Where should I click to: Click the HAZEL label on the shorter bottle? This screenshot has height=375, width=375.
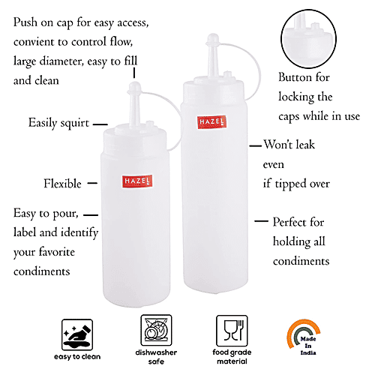pos(137,181)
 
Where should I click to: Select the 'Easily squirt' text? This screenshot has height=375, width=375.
pos(59,122)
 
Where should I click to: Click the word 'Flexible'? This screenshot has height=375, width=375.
pos(61,183)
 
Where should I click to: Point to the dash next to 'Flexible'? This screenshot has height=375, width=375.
pos(93,183)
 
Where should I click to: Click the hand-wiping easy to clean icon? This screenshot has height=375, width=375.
pos(81,331)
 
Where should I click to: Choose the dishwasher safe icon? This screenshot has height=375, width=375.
pos(156,331)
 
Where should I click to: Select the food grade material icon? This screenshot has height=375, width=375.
pos(231,331)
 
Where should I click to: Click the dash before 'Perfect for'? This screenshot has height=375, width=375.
pos(261,222)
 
